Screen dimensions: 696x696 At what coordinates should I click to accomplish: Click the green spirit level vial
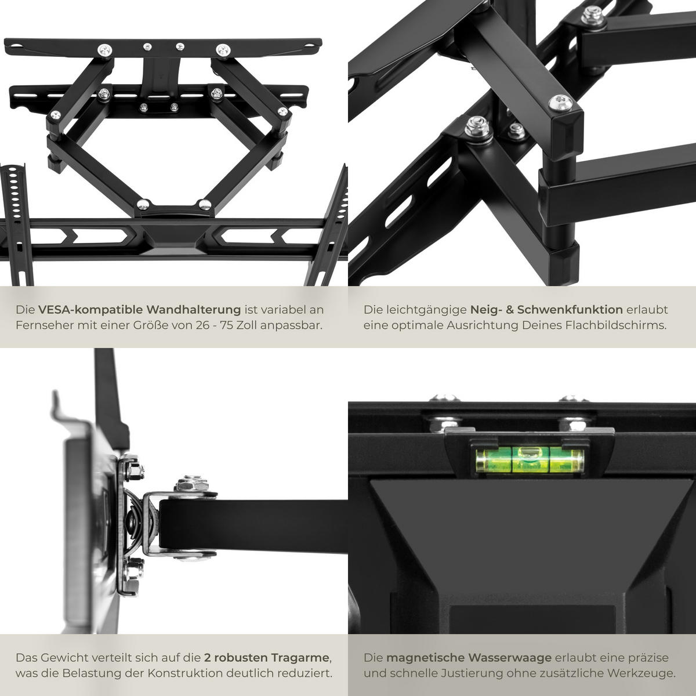coord(529,461)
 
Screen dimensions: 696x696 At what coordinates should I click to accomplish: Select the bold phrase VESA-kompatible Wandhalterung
coord(140,310)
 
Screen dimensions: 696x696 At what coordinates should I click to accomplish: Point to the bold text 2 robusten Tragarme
coord(267,658)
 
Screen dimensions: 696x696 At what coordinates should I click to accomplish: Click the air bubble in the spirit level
coord(529,454)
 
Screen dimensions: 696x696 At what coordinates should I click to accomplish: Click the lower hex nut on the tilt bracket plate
coord(132,569)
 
